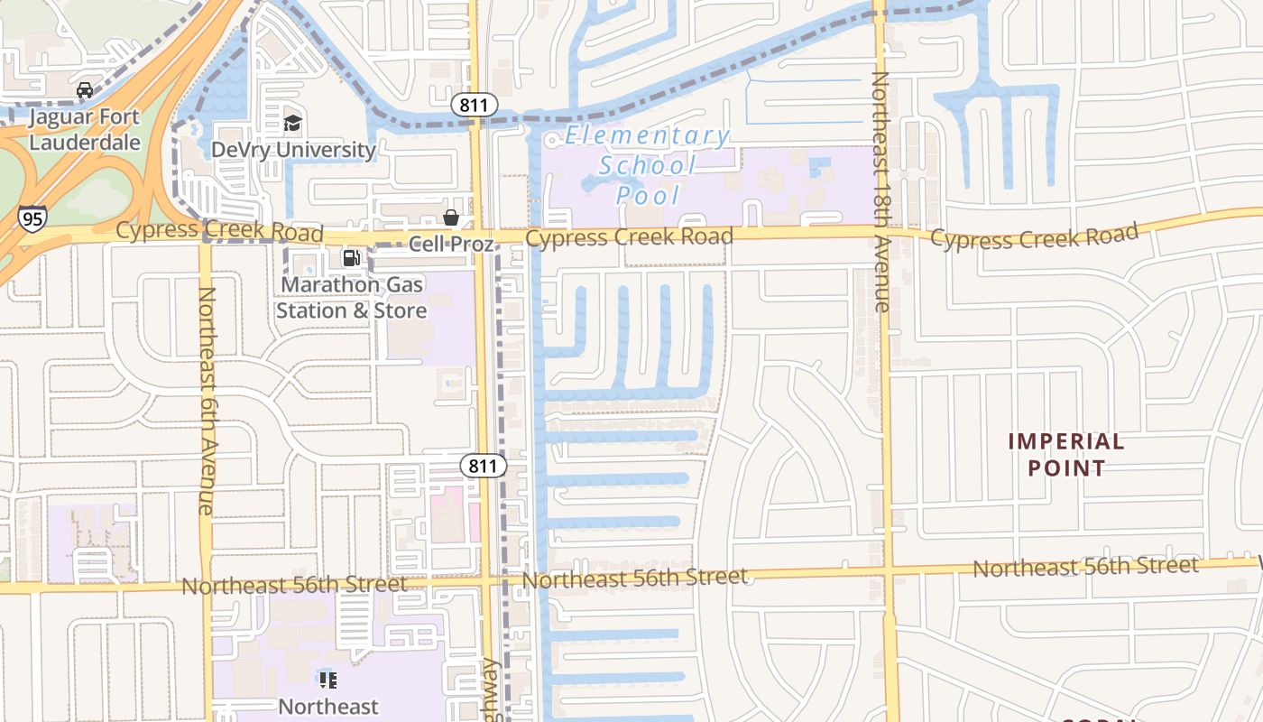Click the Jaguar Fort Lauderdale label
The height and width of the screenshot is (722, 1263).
[x=84, y=129]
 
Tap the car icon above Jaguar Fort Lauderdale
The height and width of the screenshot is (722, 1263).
[x=85, y=90]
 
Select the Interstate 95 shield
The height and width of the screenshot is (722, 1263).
[x=32, y=218]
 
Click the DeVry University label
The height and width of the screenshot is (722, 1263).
[x=292, y=149]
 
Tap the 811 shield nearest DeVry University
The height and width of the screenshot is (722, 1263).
[x=473, y=106]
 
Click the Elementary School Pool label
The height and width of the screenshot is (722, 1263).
[x=647, y=165]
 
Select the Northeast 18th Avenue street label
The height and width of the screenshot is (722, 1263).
[x=880, y=191]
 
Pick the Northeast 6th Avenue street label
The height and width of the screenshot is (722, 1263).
[x=206, y=401]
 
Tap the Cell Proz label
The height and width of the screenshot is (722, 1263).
[x=451, y=244]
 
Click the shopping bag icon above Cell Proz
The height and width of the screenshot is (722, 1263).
[x=450, y=218]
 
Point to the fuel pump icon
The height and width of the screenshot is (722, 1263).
[x=351, y=259]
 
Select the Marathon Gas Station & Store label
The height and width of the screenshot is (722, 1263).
[x=351, y=298]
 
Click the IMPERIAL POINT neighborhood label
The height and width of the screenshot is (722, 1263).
[x=1065, y=454]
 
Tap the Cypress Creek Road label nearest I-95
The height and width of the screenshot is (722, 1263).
[x=219, y=231]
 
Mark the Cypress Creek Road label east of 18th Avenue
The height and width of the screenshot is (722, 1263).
[x=1034, y=237]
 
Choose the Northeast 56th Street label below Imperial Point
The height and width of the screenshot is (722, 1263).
[x=1085, y=567]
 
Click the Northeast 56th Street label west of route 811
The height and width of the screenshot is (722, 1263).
[x=294, y=585]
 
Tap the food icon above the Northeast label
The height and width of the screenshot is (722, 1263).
[x=327, y=680]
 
